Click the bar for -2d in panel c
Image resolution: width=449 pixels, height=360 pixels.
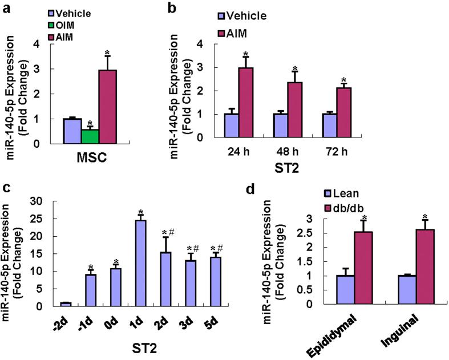[x=66, y=304]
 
